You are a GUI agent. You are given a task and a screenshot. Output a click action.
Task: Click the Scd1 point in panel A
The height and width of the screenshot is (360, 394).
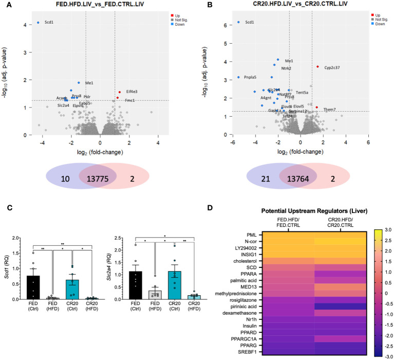(x=38, y=23)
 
